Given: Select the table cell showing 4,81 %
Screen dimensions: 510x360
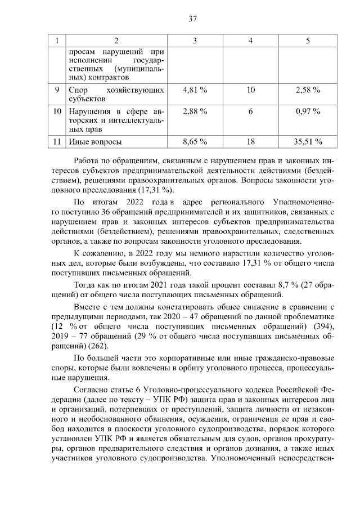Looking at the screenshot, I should click(x=195, y=90).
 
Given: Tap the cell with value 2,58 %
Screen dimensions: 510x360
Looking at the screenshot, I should click(x=308, y=90).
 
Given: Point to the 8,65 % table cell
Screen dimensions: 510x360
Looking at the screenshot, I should click(x=195, y=142).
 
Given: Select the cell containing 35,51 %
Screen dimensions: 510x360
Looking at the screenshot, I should click(x=308, y=142).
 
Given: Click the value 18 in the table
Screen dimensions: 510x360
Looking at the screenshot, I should click(x=251, y=142).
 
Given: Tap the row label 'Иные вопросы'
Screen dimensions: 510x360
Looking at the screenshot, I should click(x=94, y=142).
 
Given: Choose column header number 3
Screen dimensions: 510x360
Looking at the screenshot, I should click(x=195, y=41).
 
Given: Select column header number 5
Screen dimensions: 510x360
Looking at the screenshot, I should click(x=308, y=41).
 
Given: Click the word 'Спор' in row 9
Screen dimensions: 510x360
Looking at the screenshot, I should click(x=77, y=90).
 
